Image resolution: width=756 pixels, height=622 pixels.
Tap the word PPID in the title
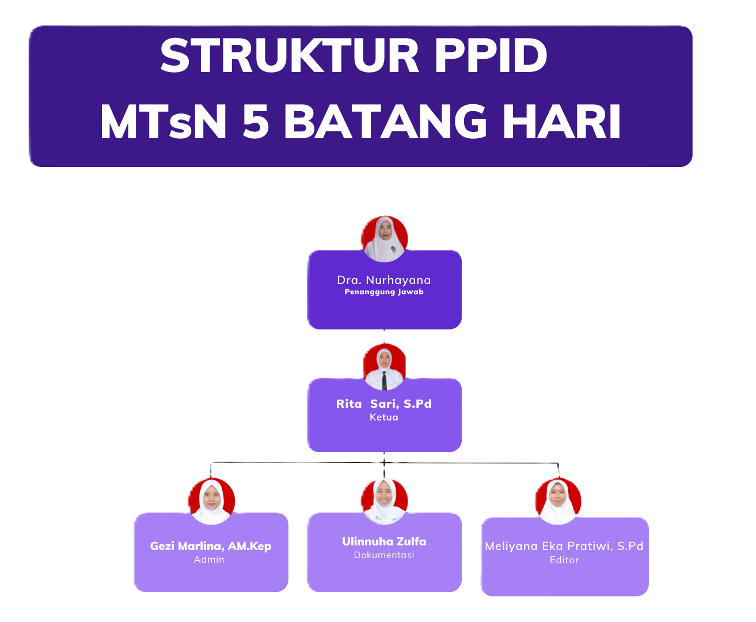(x=491, y=56)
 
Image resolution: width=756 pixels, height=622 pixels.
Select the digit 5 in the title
(x=256, y=122)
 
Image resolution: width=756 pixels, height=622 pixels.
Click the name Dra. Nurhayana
(x=384, y=280)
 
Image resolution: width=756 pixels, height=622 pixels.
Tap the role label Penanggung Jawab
(x=384, y=292)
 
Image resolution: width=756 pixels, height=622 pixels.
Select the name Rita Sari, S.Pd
(x=384, y=404)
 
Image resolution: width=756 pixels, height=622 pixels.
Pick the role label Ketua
(x=384, y=418)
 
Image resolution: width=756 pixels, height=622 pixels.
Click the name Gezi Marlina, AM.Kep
(x=211, y=546)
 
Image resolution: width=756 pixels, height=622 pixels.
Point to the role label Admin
(x=209, y=560)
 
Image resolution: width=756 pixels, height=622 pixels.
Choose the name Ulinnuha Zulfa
(x=384, y=541)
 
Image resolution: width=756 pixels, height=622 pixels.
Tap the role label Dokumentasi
(x=384, y=555)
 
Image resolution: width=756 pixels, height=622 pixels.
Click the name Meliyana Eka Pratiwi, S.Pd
(x=564, y=546)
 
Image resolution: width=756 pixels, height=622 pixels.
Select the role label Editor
(x=564, y=560)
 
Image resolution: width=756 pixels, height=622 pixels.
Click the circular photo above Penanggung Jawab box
(x=385, y=239)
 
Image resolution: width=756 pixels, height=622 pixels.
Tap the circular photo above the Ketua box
(x=385, y=366)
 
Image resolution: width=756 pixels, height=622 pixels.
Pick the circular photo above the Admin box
(x=212, y=500)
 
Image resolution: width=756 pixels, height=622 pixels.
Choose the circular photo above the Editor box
(x=558, y=500)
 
